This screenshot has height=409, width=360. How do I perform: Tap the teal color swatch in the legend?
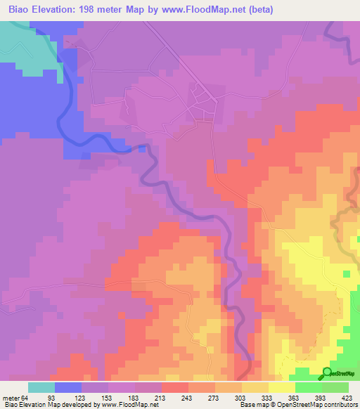click(x=41, y=387)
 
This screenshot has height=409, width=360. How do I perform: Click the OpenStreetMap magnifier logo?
click(x=328, y=373)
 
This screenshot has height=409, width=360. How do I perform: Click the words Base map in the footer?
click(x=252, y=405)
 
